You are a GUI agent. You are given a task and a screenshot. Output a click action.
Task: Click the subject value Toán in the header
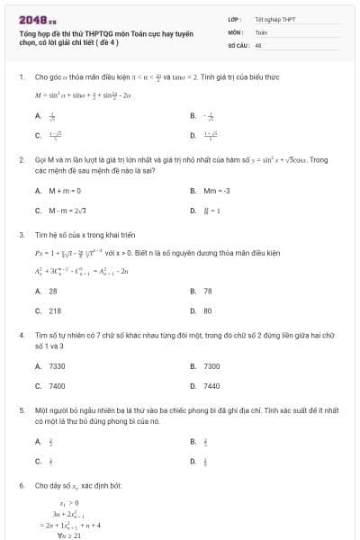(x=262, y=31)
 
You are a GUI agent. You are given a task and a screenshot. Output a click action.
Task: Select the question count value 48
(x=258, y=43)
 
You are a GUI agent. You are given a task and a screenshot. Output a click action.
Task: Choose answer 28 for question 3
(x=52, y=291)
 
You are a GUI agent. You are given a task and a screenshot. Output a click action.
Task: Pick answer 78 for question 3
(x=208, y=291)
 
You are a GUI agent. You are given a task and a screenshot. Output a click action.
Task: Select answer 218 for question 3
(x=54, y=310)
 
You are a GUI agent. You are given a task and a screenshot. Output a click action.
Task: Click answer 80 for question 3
(x=208, y=310)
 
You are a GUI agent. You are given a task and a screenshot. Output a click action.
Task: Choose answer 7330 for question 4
(x=57, y=365)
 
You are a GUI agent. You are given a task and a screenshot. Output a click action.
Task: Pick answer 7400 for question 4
(x=57, y=385)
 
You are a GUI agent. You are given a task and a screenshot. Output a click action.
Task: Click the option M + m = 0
(x=63, y=191)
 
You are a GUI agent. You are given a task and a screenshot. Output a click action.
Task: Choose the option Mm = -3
(x=215, y=191)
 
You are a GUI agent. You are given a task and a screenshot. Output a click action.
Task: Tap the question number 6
(x=21, y=485)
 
